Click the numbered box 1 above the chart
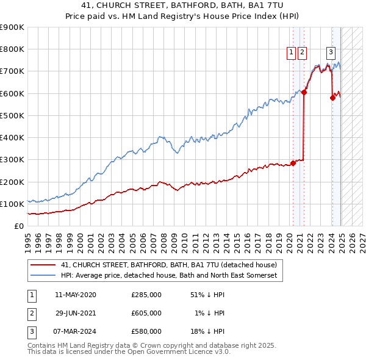point(292,52)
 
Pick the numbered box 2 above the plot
point(303,52)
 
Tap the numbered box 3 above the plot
point(331,52)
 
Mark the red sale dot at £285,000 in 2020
point(293,163)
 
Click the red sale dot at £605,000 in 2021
point(304,93)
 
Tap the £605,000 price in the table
point(146,313)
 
